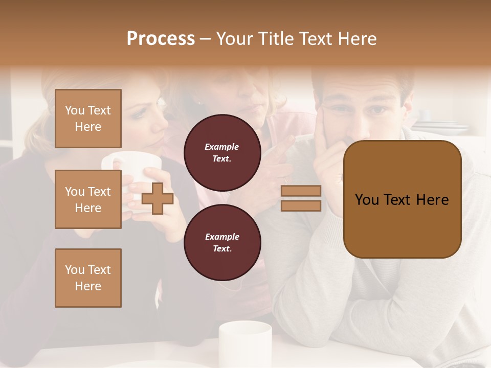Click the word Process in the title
coord(161,39)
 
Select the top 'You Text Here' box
coord(88,119)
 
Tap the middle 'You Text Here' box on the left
coord(88,199)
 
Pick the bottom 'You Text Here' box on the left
coord(88,278)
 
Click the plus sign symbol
coord(157,199)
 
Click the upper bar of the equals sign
coord(301,191)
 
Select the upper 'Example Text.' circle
coord(222,152)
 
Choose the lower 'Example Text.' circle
coord(222,242)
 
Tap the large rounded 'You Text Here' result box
coord(402,199)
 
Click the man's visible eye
coord(377,109)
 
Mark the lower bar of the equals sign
coord(301,205)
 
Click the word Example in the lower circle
coord(222,236)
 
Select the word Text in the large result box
coord(401,199)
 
